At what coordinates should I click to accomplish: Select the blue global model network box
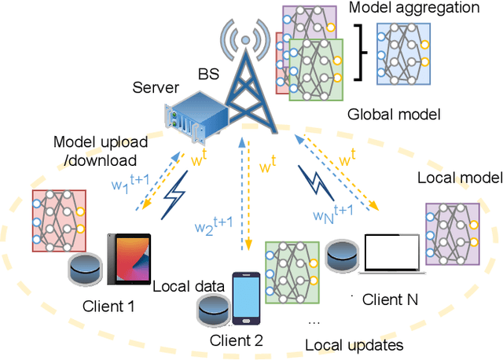(x=404, y=53)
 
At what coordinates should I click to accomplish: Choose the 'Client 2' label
(x=237, y=340)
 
